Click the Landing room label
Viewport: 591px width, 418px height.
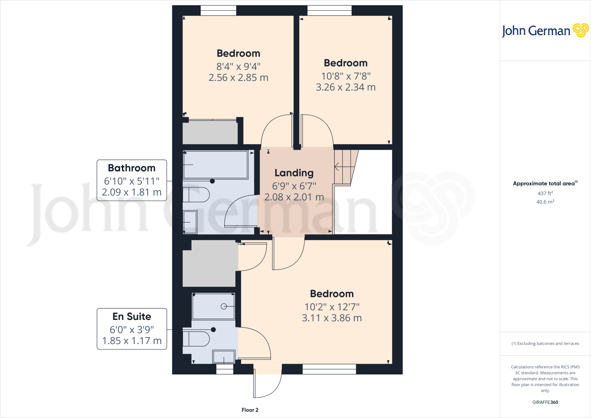coord(294,173)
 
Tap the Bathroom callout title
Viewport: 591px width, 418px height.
coord(132,168)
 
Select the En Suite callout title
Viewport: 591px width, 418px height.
coord(132,316)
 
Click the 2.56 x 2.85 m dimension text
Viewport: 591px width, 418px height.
coord(238,78)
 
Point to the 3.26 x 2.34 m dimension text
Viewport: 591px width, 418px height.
coord(346,87)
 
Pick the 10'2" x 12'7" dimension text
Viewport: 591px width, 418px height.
coord(332,307)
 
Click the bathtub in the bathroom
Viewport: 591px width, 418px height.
coord(216,165)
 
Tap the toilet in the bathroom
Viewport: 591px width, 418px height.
coord(196,194)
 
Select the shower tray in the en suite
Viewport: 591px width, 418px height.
coord(213,306)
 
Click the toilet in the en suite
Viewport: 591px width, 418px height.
coord(196,339)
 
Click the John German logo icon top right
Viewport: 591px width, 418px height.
coord(580,30)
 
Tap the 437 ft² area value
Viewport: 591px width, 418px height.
coord(545,193)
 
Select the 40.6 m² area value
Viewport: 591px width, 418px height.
coord(545,202)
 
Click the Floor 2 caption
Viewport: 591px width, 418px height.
coord(250,410)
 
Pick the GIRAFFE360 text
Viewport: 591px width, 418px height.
coord(545,402)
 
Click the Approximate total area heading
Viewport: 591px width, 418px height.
coord(544,184)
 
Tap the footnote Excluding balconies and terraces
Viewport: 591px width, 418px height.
coord(545,344)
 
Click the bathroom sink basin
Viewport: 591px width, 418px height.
coord(190,222)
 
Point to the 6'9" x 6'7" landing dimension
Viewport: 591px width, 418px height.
coord(294,186)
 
